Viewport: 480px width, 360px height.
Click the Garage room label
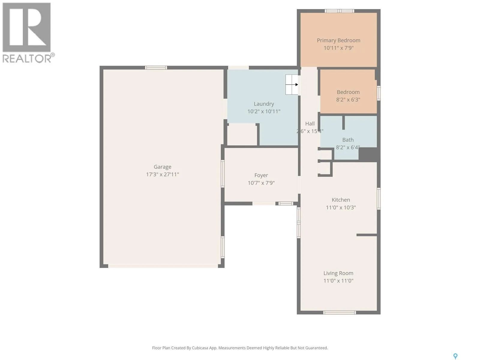click(162, 167)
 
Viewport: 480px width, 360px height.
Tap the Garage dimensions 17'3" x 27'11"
click(163, 174)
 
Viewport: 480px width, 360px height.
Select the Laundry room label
click(264, 104)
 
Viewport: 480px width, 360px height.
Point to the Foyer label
click(261, 175)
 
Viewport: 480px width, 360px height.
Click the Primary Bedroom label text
click(338, 41)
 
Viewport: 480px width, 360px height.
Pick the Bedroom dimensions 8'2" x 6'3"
click(348, 100)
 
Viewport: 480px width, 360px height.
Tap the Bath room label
click(348, 140)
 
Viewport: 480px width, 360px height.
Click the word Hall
click(310, 124)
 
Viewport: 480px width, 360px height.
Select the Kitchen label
click(341, 200)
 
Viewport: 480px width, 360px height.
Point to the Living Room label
click(338, 273)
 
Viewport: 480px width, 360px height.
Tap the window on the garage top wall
click(156, 68)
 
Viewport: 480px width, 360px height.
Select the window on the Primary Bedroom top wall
click(339, 11)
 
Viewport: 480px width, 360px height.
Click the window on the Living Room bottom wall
click(339, 313)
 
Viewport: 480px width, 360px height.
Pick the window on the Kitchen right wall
click(379, 199)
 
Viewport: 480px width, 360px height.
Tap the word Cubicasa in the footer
click(200, 348)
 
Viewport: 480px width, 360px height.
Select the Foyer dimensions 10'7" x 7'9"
click(261, 183)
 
